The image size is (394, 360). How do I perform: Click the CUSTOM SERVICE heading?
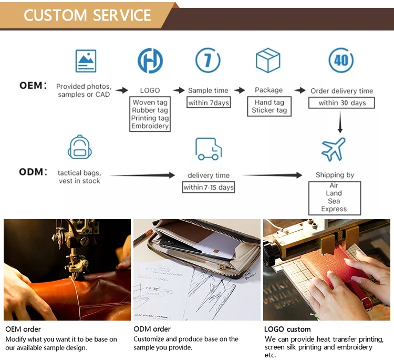click(88, 15)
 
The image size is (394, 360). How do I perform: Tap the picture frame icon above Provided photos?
click(86, 60)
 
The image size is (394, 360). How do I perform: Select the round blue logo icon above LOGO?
click(150, 60)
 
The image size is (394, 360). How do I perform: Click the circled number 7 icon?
click(208, 60)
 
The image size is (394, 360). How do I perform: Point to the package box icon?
click(268, 60)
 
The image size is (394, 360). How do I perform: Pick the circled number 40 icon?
click(341, 60)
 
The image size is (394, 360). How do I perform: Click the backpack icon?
click(80, 147)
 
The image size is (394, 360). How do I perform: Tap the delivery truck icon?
click(208, 149)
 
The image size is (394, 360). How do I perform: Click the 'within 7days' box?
click(209, 102)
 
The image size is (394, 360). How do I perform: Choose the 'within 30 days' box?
click(342, 102)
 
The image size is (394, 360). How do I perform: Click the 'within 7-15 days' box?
click(209, 187)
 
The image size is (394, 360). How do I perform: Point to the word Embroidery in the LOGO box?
click(150, 126)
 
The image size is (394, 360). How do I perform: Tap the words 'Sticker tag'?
click(269, 110)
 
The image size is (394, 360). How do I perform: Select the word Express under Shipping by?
click(334, 209)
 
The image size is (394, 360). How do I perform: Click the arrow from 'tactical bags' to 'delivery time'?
click(142, 176)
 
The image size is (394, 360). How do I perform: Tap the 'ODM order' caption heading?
click(152, 329)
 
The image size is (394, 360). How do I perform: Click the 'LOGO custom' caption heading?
click(287, 329)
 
